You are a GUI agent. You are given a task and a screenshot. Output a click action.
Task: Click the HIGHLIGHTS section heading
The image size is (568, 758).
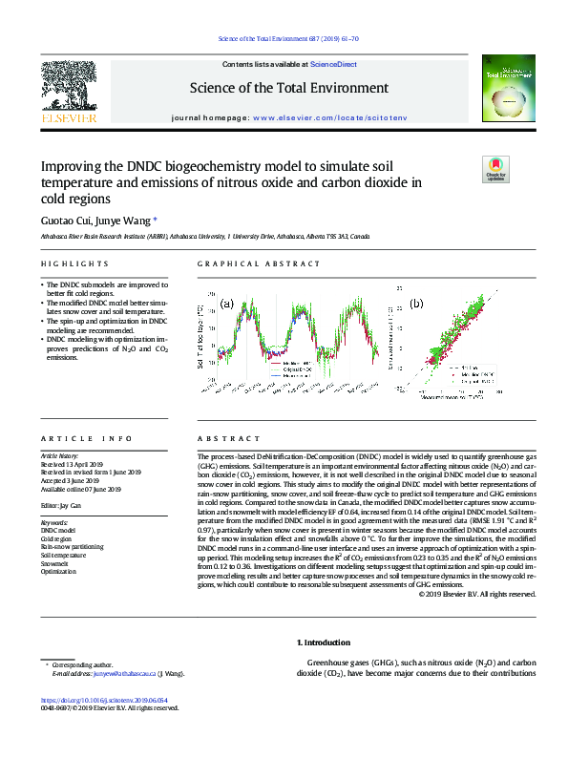74,263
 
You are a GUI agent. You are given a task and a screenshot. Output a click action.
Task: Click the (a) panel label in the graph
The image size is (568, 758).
227,304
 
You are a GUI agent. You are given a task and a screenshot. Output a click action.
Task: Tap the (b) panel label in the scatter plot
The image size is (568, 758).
417,304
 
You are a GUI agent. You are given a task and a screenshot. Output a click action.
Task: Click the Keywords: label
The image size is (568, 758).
55,522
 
